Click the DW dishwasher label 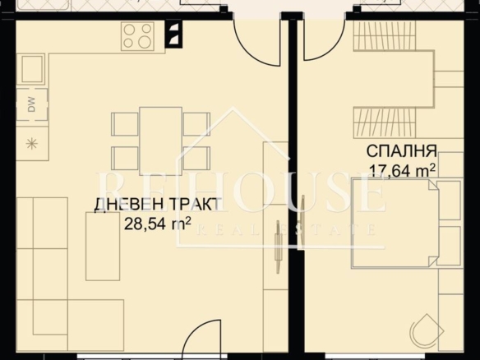[x=32, y=104]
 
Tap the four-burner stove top [x=137, y=36]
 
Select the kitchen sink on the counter [x=32, y=69]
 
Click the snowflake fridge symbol [x=32, y=144]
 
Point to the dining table [x=161, y=141]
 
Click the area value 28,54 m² [x=158, y=224]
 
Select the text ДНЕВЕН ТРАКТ [x=157, y=205]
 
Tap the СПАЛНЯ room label [x=402, y=150]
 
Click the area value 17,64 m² [x=402, y=170]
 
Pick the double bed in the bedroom [x=395, y=223]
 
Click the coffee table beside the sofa [x=103, y=246]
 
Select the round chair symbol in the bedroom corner [x=427, y=331]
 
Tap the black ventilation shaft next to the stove [x=173, y=34]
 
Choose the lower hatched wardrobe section [x=385, y=122]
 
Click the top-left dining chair [x=124, y=124]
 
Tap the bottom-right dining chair [x=196, y=159]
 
